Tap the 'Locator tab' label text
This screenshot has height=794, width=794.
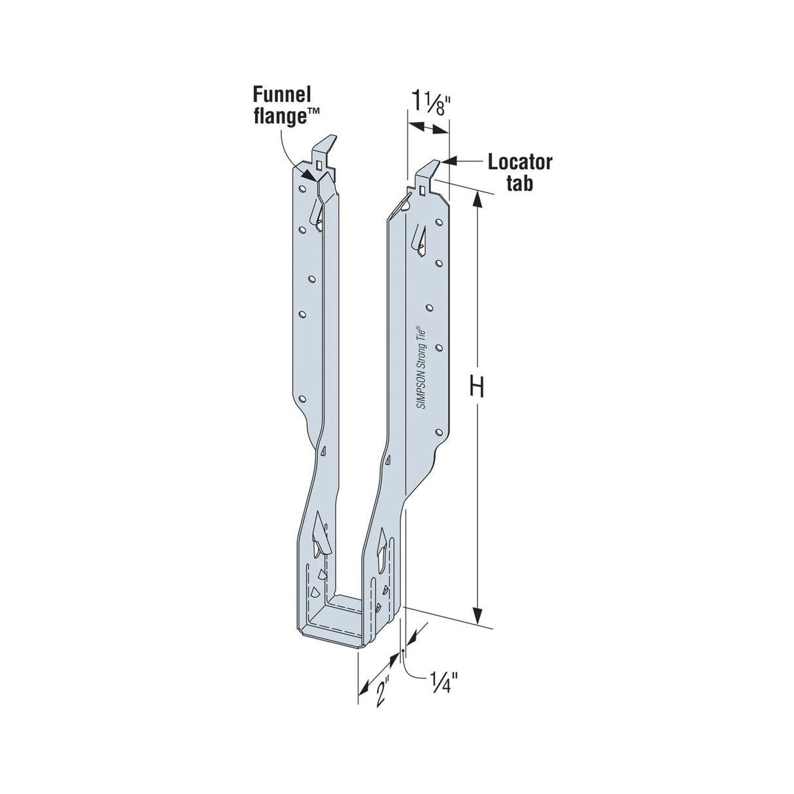pyautogui.click(x=520, y=172)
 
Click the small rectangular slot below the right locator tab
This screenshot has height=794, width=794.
pyautogui.click(x=423, y=190)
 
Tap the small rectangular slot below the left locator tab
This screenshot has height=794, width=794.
pyautogui.click(x=319, y=165)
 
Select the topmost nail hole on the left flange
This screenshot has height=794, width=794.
pyautogui.click(x=302, y=189)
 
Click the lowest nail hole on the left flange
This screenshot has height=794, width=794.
pyautogui.click(x=302, y=398)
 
